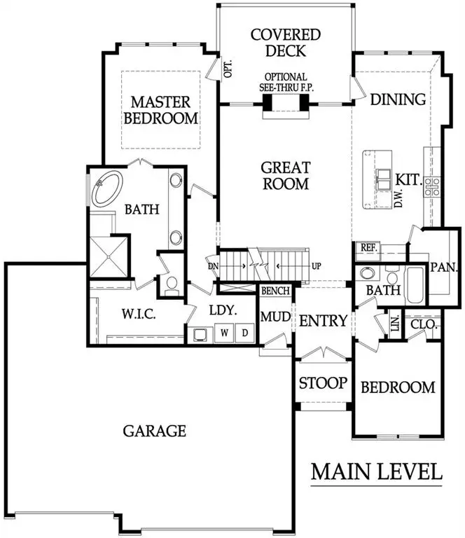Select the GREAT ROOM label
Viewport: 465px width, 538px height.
pos(285,175)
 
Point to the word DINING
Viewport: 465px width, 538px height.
pos(397,99)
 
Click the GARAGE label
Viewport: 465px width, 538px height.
pos(154,430)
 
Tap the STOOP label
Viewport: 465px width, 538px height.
pos(323,383)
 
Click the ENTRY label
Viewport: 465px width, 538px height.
pos(323,321)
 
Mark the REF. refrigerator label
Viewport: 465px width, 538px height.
pos(368,247)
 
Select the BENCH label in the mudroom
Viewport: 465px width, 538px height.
pos(275,291)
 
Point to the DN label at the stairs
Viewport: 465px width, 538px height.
pos(213,266)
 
